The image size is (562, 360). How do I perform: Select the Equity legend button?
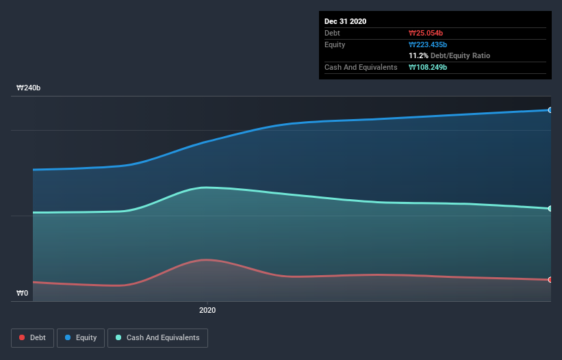81,338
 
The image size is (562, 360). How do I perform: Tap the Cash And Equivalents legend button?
157,338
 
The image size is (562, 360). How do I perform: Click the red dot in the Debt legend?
23,338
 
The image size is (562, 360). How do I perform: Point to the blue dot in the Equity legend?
68,338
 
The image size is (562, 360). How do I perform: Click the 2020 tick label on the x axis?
207,310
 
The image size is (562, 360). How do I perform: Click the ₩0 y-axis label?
23,293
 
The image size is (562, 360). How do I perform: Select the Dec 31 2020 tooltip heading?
346,21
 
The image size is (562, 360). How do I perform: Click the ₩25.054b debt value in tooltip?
428,33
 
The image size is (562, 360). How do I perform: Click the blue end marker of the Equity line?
550,110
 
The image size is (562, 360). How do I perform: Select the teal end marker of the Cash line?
550,209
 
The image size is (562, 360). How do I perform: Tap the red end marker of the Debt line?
550,280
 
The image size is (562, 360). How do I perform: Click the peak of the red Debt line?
205,260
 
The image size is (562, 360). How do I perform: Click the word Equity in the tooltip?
335,44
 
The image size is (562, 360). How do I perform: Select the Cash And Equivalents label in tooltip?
361,67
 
